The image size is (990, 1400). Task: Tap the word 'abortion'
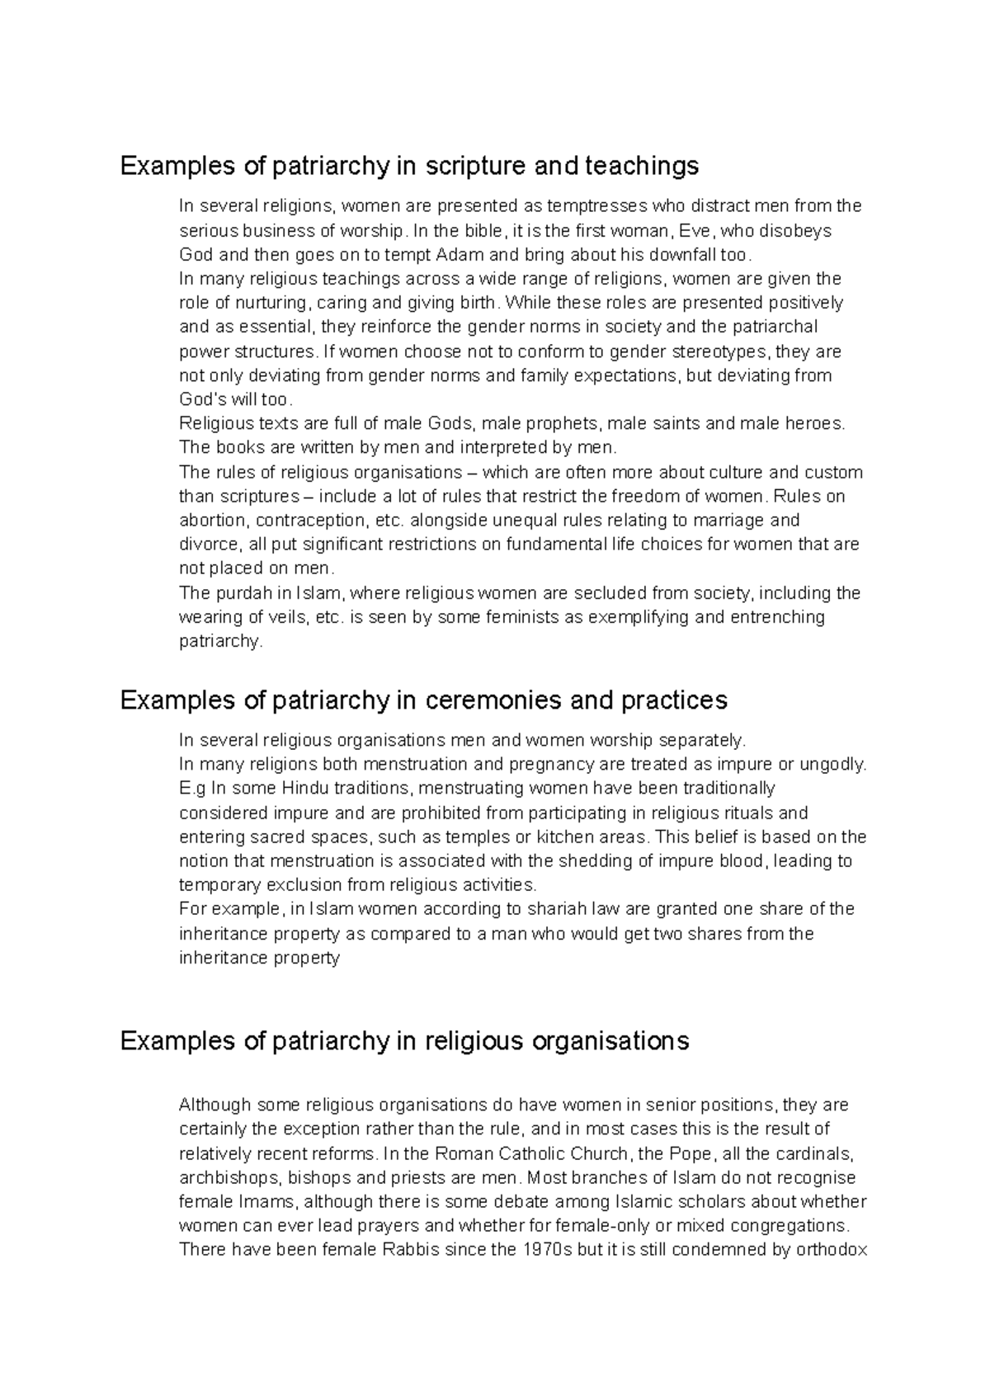pyautogui.click(x=212, y=521)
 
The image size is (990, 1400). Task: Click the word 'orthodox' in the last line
pyautogui.click(x=831, y=1250)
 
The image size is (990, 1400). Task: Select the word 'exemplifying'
pyautogui.click(x=628, y=618)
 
